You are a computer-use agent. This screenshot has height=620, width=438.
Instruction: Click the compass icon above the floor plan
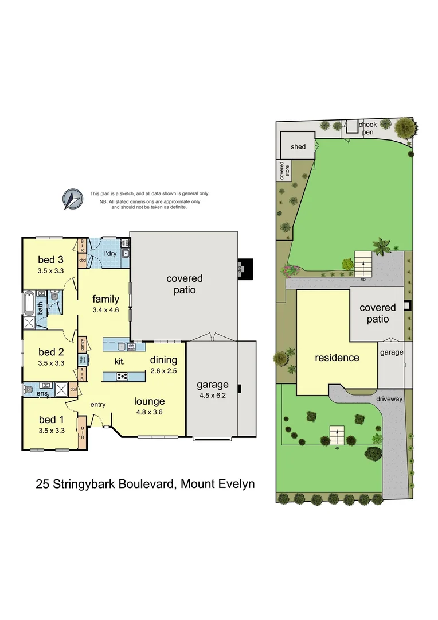(x=73, y=199)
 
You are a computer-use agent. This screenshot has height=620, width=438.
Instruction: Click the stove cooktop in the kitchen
(x=123, y=377)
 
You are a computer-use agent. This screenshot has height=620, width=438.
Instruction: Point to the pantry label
(x=83, y=345)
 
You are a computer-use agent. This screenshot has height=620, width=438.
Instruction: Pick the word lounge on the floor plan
(x=149, y=401)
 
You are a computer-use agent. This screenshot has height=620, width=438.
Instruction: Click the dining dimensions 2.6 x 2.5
(x=163, y=371)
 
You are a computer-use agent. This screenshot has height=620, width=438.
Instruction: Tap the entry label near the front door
(x=98, y=405)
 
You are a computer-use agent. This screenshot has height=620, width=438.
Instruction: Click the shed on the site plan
(x=298, y=146)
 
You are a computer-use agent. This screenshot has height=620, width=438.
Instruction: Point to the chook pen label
(x=367, y=128)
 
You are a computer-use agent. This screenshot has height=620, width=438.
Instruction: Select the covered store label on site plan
(x=281, y=170)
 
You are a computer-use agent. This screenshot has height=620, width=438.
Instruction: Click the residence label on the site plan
(x=337, y=358)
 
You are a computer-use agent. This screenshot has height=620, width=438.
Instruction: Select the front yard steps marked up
(x=336, y=437)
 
